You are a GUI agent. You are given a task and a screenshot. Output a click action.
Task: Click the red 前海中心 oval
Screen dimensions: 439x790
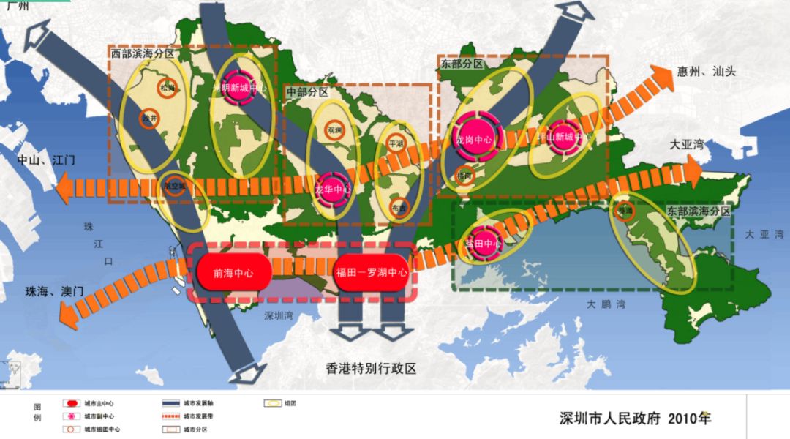tap(233, 272)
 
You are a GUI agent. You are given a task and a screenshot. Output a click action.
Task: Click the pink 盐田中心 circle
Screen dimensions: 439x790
tap(484, 242)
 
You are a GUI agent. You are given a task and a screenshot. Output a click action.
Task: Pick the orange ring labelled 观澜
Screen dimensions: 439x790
tap(334, 130)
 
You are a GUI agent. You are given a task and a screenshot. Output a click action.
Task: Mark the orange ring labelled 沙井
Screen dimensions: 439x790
tap(149, 119)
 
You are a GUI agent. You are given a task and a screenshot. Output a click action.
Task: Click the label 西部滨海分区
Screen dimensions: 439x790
tap(141, 53)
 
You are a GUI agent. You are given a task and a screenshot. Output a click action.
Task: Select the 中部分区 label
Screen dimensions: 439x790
tap(307, 92)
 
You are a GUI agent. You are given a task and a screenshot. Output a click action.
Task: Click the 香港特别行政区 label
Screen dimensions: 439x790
tap(371, 368)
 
